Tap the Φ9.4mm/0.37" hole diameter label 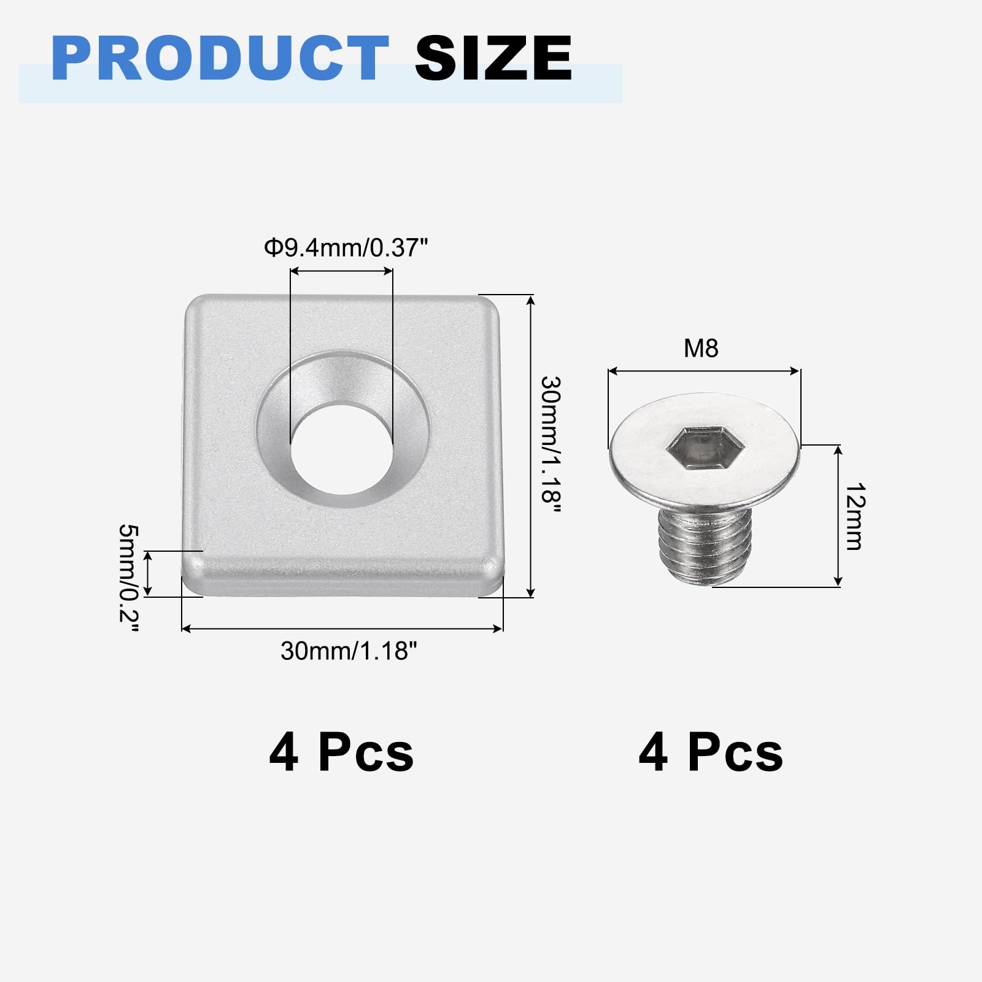click(346, 248)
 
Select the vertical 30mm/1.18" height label click(551, 447)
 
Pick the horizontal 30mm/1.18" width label click(349, 651)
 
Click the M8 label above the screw click(701, 349)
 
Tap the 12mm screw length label click(854, 516)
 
